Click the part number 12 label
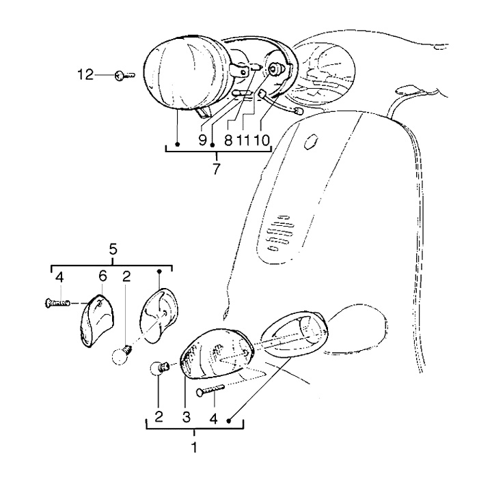[x=85, y=75]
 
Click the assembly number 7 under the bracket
[x=217, y=169]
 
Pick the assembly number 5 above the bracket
[x=113, y=250]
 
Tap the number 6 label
[x=102, y=276]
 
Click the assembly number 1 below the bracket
[x=194, y=448]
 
